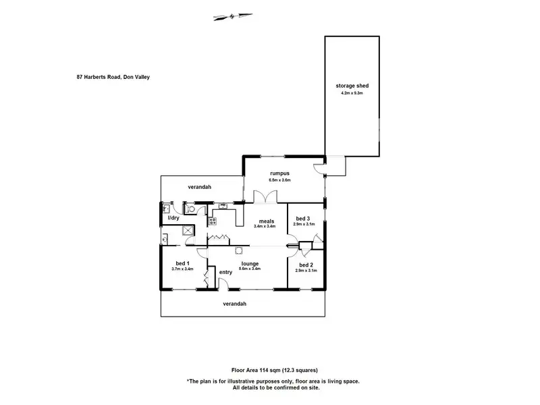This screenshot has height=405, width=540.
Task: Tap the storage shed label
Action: pyautogui.click(x=352, y=86)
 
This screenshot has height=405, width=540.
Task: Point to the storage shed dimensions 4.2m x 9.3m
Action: pyautogui.click(x=352, y=93)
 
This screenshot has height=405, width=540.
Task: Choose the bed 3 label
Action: pyautogui.click(x=304, y=218)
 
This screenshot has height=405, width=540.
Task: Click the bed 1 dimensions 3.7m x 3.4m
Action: pyautogui.click(x=182, y=269)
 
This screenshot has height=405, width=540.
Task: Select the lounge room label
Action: pyautogui.click(x=250, y=263)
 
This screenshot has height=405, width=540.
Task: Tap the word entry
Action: pyautogui.click(x=225, y=272)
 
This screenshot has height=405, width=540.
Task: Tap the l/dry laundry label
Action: pyautogui.click(x=173, y=218)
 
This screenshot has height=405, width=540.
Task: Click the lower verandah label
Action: pyautogui.click(x=235, y=304)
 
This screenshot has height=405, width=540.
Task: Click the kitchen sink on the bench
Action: pyautogui.click(x=223, y=206)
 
